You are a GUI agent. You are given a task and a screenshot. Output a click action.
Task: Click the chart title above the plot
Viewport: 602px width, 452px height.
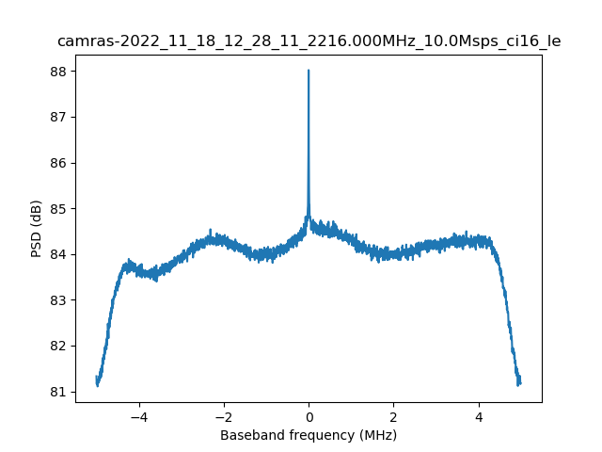tap(309, 41)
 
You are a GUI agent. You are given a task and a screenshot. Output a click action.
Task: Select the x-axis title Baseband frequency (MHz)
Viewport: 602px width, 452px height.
tap(309, 435)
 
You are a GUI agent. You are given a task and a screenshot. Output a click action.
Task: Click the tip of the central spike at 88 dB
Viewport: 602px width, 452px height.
tap(309, 71)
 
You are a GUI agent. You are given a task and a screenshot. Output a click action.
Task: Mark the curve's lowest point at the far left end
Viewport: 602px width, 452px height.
tap(97, 385)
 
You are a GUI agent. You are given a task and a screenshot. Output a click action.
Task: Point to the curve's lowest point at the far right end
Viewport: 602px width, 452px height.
tap(519, 385)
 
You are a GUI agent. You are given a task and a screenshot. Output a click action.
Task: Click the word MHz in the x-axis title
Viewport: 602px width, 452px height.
tap(376, 435)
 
